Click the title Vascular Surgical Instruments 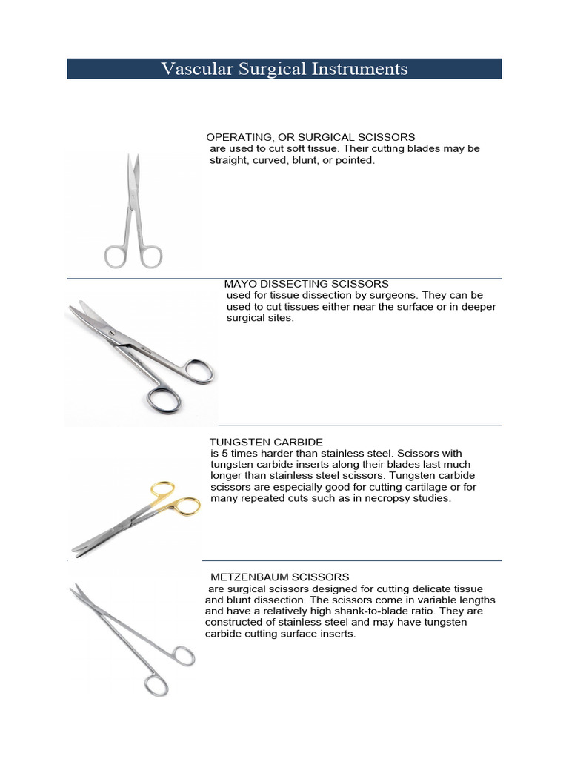(x=284, y=69)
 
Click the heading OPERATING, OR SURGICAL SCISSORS (x=310, y=137)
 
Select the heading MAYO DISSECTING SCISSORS (x=306, y=284)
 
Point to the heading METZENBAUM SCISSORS (x=279, y=577)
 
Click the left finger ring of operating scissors (x=116, y=256)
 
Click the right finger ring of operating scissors (x=150, y=256)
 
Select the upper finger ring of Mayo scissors (x=198, y=371)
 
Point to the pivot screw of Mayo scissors (x=113, y=335)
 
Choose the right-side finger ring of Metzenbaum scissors (x=182, y=656)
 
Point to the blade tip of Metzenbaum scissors (x=73, y=587)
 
